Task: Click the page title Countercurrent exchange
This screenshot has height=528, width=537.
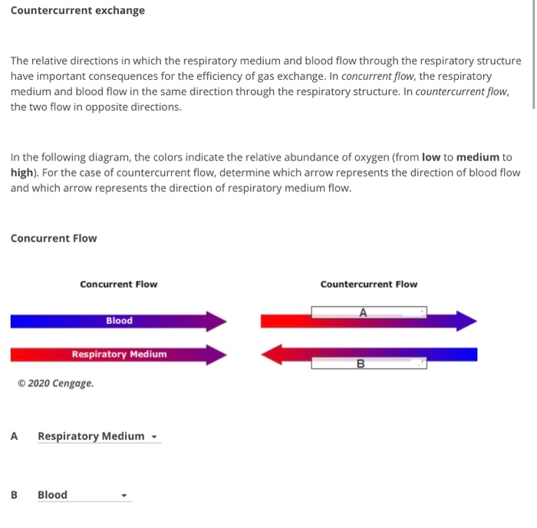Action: point(77,11)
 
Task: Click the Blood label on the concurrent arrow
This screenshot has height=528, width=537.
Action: point(119,321)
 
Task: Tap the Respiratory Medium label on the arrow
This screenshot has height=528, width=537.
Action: point(119,355)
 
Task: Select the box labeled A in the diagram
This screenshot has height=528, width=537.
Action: point(368,312)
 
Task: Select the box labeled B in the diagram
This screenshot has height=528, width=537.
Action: point(368,364)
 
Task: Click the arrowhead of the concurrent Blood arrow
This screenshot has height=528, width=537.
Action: point(216,321)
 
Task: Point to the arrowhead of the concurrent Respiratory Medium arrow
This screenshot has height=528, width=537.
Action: point(216,355)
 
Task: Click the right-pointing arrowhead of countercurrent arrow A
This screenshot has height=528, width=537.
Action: point(466,321)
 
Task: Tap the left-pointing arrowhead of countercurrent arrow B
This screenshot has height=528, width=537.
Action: point(272,355)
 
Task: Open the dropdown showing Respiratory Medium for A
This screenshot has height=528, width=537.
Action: point(98,437)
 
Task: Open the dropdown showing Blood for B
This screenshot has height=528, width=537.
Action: point(84,495)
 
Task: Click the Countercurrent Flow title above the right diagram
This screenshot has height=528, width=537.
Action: point(369,285)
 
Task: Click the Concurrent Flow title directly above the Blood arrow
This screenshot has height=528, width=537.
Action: point(118,285)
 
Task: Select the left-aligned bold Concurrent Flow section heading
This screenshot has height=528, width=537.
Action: point(54,239)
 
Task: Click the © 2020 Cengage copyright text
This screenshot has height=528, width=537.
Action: point(55,383)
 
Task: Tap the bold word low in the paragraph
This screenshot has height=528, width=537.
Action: point(432,157)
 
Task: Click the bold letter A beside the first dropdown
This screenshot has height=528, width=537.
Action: point(14,437)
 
